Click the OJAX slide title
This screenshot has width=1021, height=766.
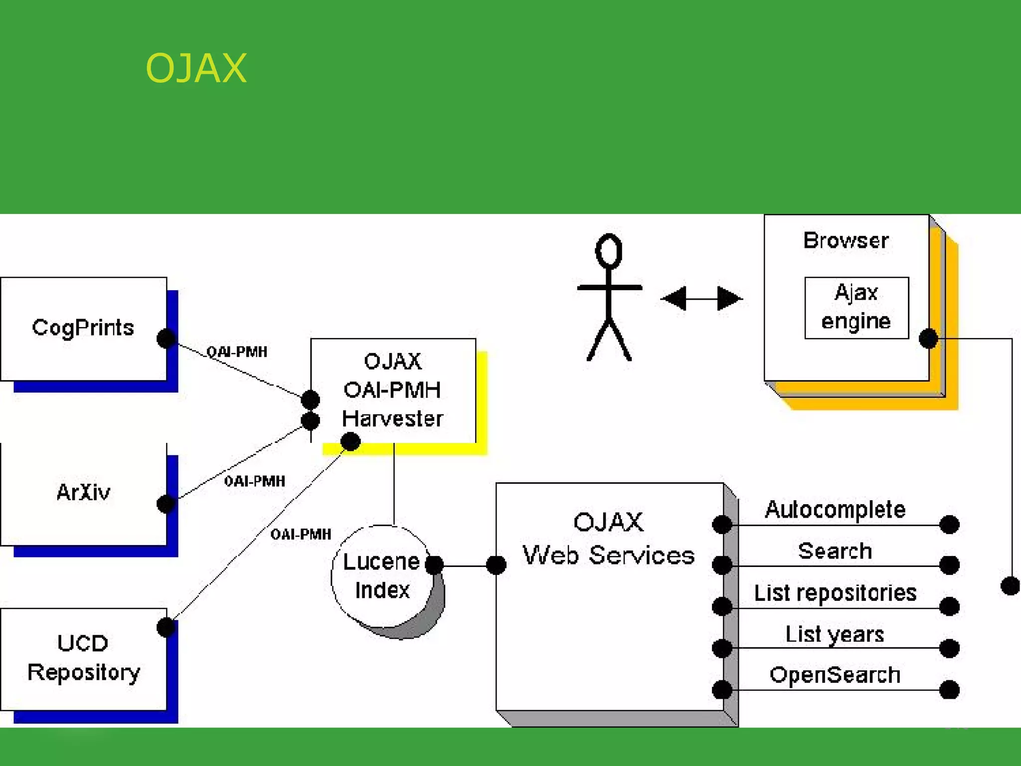coord(196,68)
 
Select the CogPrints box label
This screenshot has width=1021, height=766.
coord(83,328)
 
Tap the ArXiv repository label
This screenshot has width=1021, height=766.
coord(83,492)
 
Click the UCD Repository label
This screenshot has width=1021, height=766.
coord(83,657)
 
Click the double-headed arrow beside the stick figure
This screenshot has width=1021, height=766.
coord(701,298)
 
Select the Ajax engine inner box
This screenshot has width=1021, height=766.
coord(856,307)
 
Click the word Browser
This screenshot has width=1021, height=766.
coord(846,241)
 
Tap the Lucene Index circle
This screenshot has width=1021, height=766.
coord(382,576)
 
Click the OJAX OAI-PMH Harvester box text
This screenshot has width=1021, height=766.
coord(392,389)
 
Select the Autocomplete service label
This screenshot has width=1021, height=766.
coord(835,510)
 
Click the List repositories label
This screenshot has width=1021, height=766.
coord(835,593)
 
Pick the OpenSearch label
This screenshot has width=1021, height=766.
coord(835,675)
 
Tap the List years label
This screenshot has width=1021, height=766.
coord(835,634)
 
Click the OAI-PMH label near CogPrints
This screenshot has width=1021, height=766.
coord(237,352)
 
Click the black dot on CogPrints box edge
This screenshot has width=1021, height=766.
coord(166,338)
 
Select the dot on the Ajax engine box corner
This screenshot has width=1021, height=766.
coord(928,339)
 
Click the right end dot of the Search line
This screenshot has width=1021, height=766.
coord(949,565)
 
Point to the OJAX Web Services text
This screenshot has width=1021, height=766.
coord(608,539)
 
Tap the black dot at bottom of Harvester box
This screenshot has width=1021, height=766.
coord(350,441)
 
